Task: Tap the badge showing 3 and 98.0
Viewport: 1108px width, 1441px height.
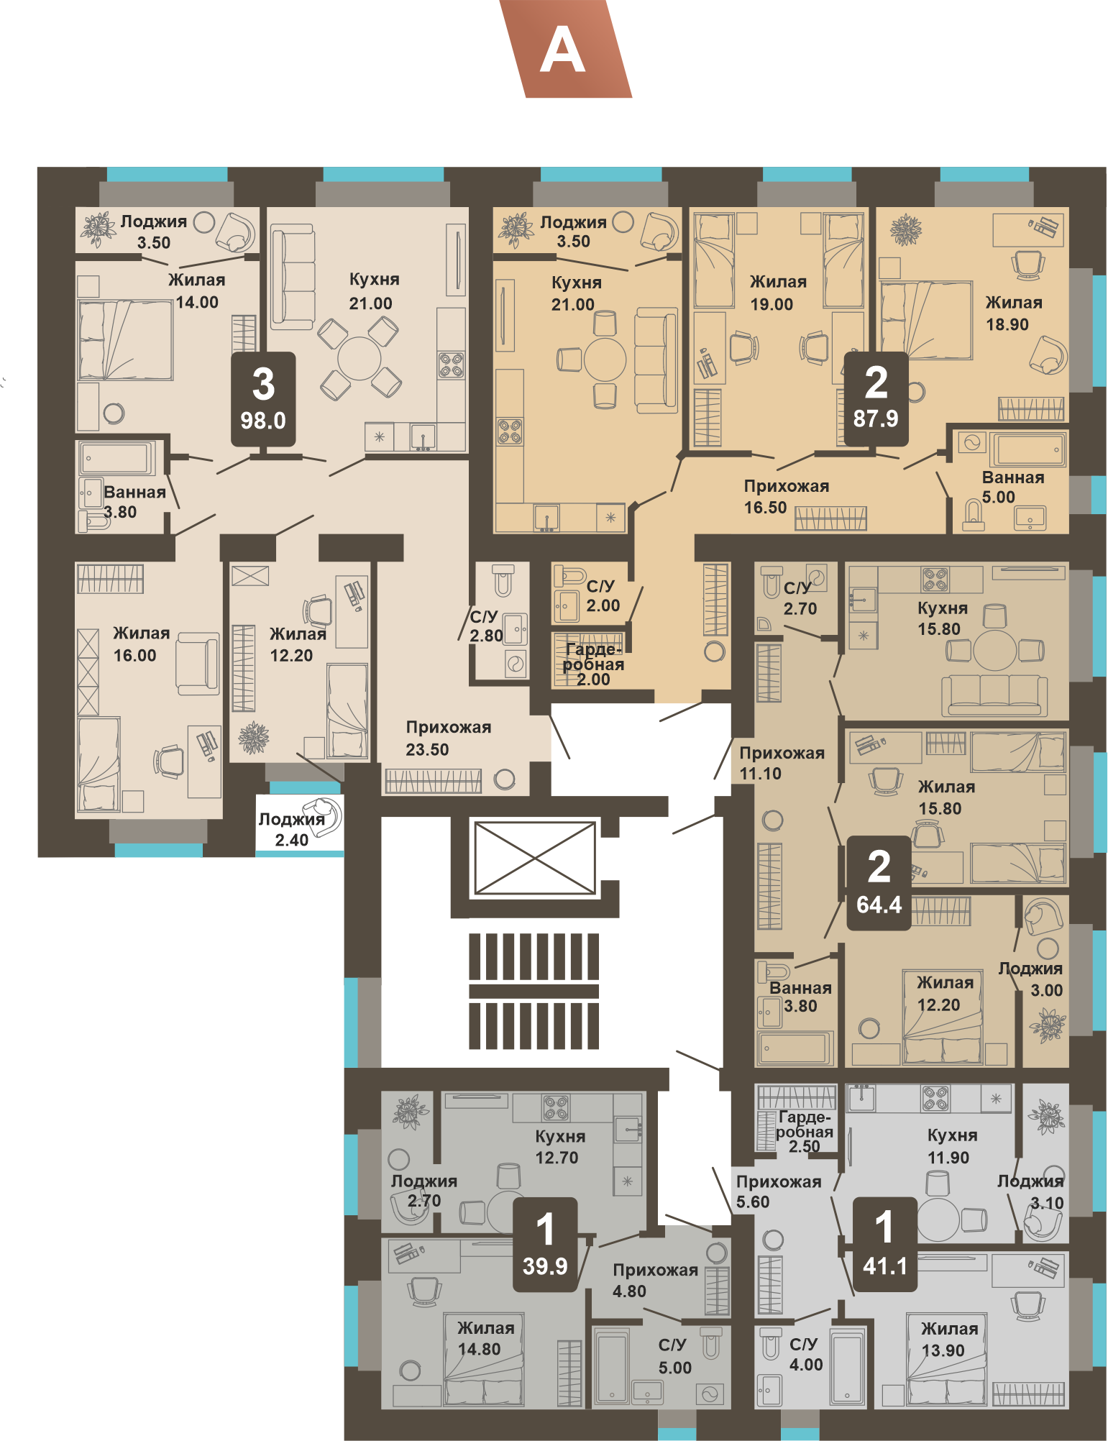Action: coord(263,399)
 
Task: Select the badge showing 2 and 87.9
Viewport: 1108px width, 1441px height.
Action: coord(876,398)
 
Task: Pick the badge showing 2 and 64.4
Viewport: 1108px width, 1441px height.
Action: coord(879,883)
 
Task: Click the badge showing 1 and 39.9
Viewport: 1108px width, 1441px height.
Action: coord(545,1245)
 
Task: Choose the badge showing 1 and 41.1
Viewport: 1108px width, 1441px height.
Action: coord(884,1245)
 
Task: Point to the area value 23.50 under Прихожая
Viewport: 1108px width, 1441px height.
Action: coord(427,749)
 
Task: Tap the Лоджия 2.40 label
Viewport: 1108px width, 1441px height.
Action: coord(292,829)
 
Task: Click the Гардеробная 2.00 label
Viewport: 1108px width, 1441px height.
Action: coord(593,664)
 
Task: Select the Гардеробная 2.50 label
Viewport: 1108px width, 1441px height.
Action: coord(805,1131)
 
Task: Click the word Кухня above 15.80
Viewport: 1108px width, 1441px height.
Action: coord(943,608)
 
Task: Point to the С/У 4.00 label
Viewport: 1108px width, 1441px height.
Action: coord(805,1354)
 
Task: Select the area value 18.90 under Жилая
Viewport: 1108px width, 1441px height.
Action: coord(1007,324)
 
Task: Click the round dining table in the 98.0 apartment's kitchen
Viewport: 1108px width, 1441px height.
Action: coord(360,358)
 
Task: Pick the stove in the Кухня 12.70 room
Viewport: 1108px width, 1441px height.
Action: coord(557,1108)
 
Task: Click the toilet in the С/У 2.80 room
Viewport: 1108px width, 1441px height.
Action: coord(503,580)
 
